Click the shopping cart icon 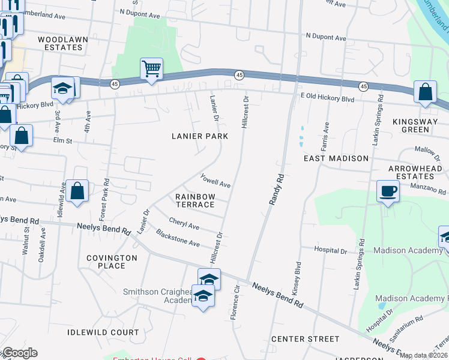(152, 68)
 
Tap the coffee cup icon (388, 191)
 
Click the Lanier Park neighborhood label (199, 136)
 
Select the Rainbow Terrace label (195, 200)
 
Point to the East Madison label (336, 158)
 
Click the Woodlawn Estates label (60, 43)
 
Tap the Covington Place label (112, 261)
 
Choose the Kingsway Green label (419, 125)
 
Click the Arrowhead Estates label (415, 173)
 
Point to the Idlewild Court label (103, 332)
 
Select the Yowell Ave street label (215, 180)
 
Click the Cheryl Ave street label (184, 223)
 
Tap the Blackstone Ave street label (178, 238)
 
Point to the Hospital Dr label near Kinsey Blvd (331, 250)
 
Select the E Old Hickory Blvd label (327, 97)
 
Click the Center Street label (305, 339)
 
